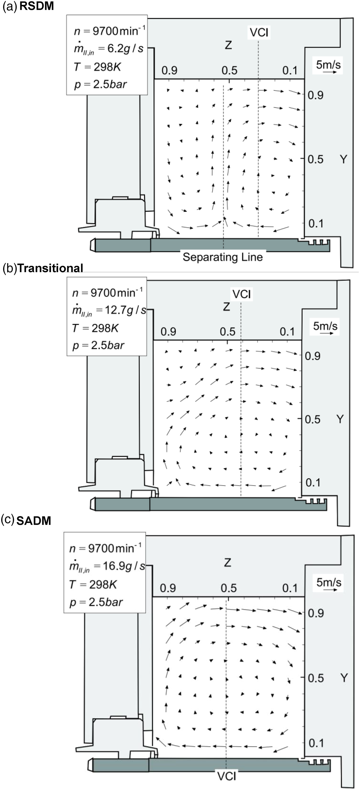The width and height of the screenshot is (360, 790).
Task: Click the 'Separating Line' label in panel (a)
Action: pos(223,257)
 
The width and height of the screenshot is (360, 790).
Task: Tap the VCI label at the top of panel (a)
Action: pos(259,33)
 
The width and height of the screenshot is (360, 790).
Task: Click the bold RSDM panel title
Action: pos(37,6)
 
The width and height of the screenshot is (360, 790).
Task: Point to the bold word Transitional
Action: pos(50,268)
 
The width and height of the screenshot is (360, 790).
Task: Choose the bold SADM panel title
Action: pos(34,521)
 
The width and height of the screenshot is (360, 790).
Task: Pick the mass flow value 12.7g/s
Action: pos(125,310)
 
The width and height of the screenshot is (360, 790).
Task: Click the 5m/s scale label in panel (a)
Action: pos(328,64)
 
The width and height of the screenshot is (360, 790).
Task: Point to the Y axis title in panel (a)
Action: pos(344,159)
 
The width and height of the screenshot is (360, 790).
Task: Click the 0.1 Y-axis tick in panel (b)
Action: pos(313,482)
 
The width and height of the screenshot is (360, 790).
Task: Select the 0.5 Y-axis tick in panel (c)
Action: pos(316,678)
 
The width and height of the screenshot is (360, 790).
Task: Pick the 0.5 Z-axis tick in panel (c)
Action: pos(229,588)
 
